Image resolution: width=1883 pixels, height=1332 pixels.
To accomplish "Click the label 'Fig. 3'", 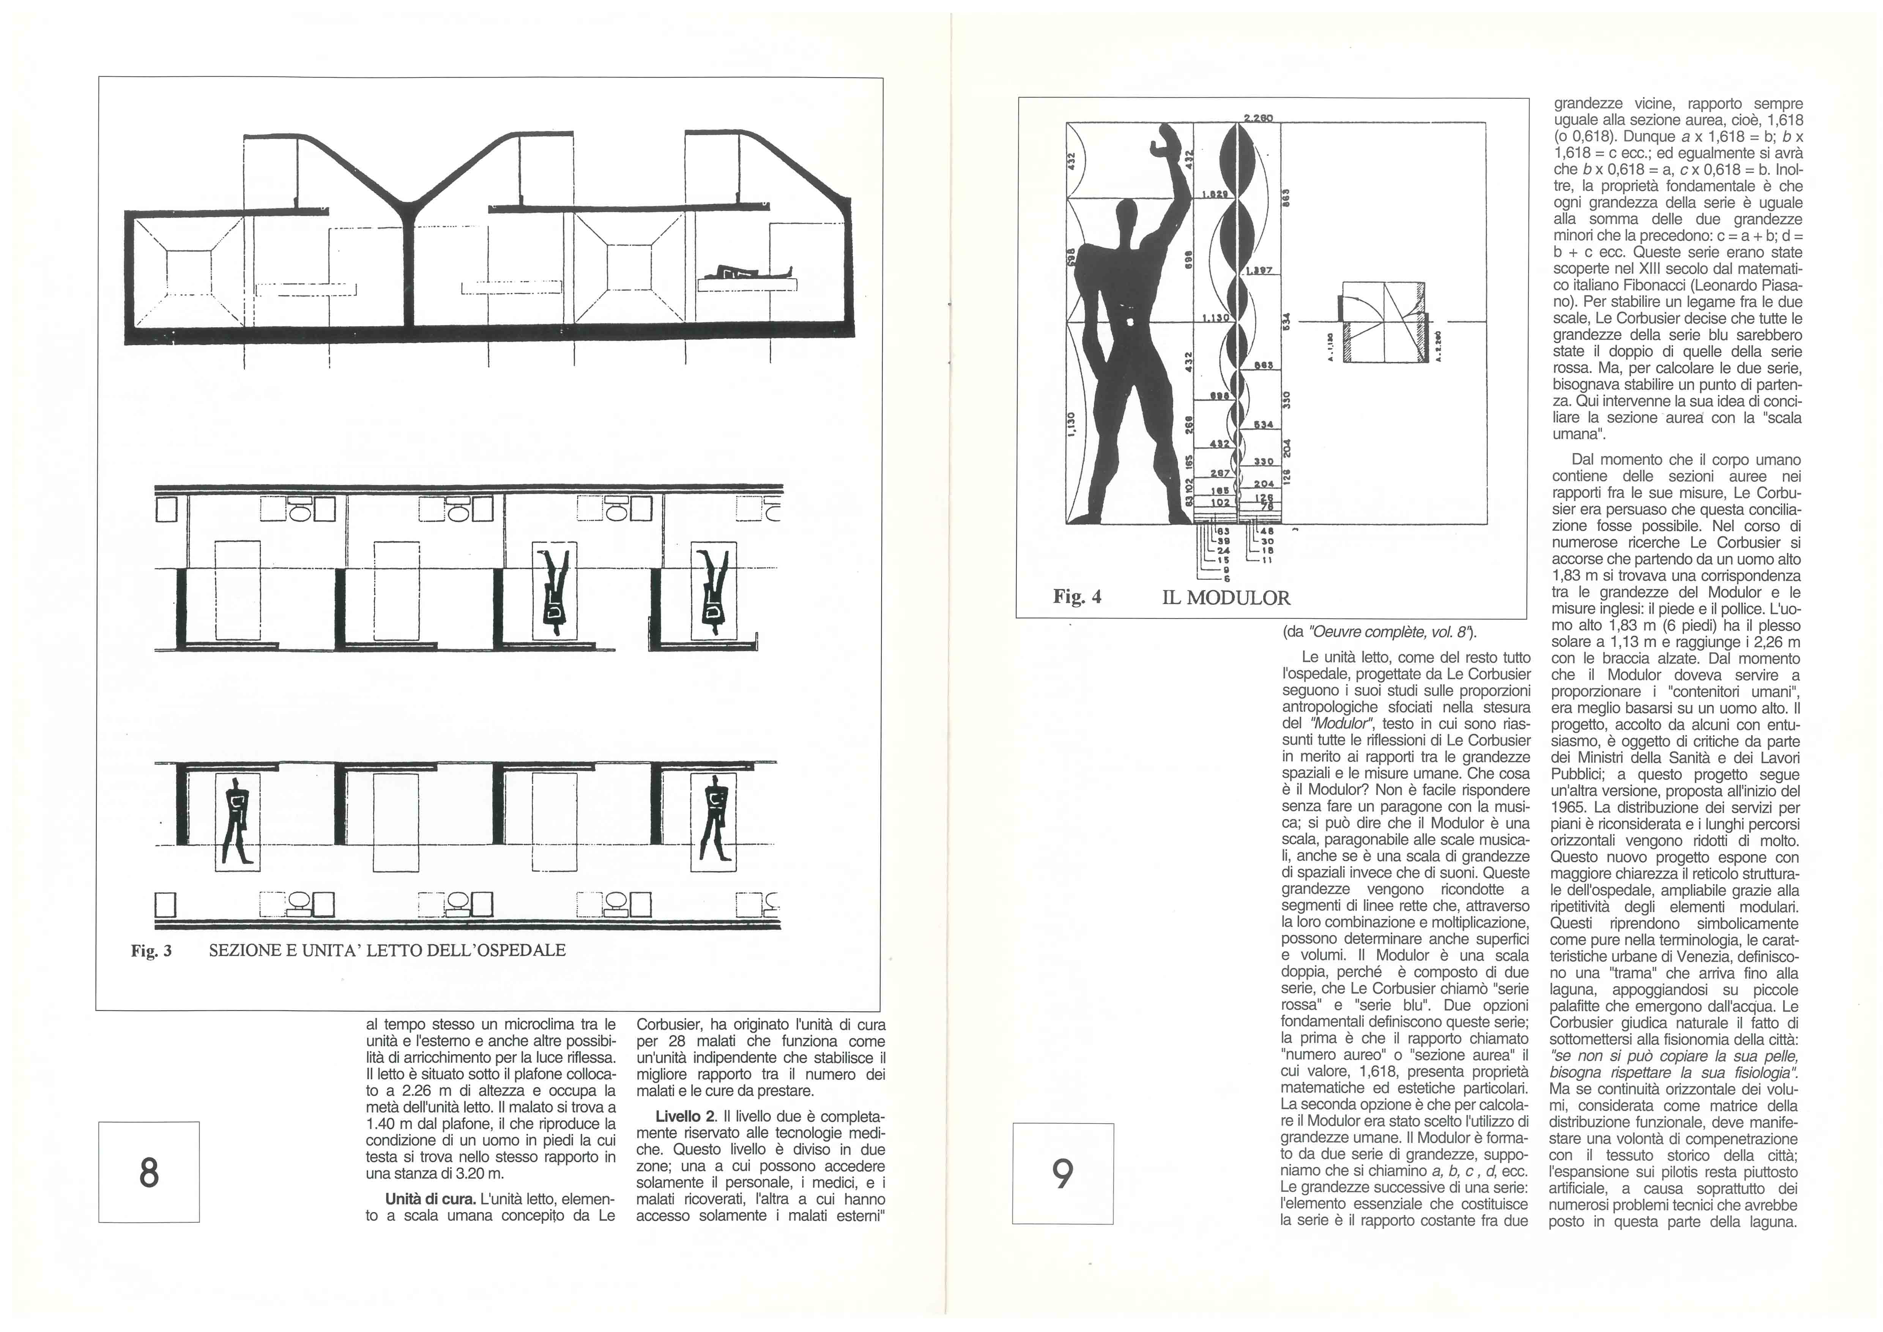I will [x=152, y=951].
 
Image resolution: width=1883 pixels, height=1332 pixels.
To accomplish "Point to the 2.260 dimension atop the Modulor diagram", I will [x=1257, y=118].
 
